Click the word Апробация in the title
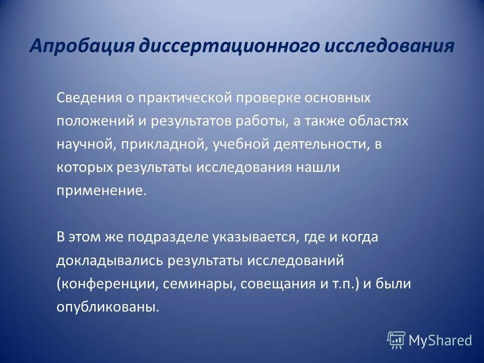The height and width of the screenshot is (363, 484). click(x=81, y=46)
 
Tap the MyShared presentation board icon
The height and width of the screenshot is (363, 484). click(x=396, y=340)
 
